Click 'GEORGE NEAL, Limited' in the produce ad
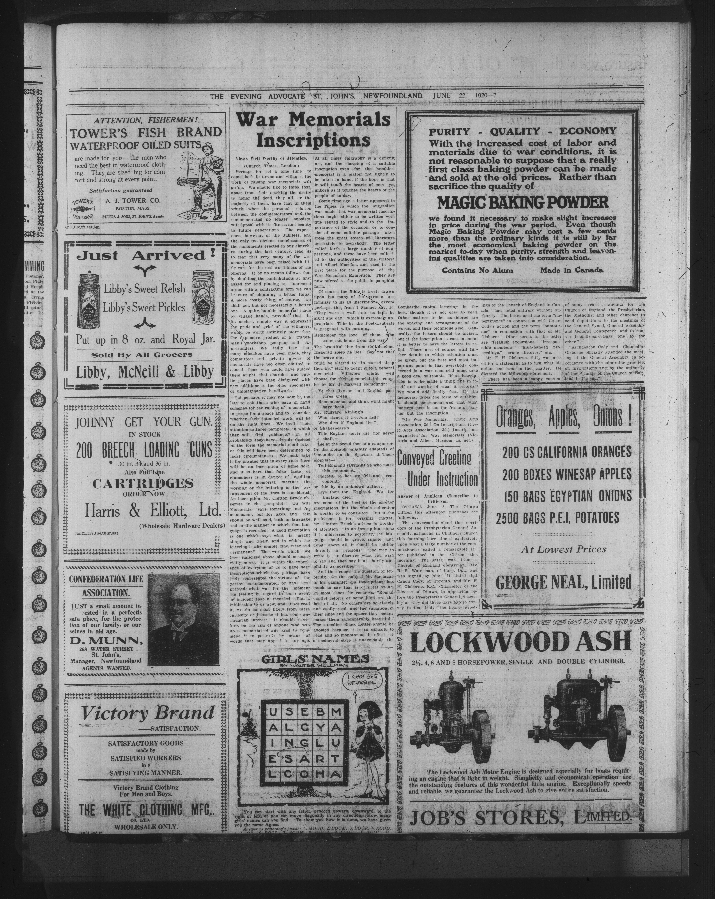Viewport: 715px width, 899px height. coord(563,582)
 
